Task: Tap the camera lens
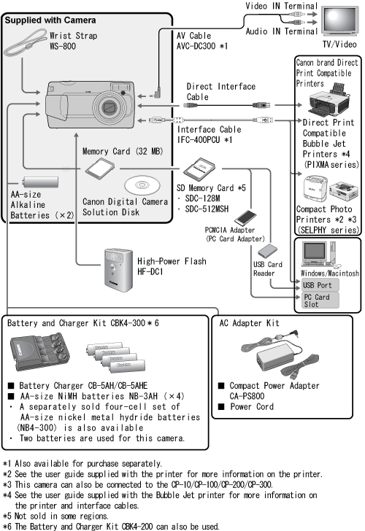click(x=109, y=108)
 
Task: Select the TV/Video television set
click(x=339, y=20)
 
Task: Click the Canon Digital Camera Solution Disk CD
click(x=142, y=185)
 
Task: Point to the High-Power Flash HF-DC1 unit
click(x=118, y=270)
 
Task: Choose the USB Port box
click(x=320, y=285)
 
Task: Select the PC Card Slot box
click(x=320, y=301)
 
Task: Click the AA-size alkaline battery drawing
click(x=40, y=182)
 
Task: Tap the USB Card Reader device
click(x=267, y=251)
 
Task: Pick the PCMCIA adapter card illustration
click(x=245, y=218)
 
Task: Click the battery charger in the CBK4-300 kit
click(x=39, y=352)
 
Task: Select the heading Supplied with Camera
click(x=50, y=20)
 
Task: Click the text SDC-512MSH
click(x=207, y=209)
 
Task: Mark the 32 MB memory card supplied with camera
click(x=99, y=168)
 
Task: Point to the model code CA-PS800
click(x=247, y=396)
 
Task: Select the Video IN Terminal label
click(x=281, y=6)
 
